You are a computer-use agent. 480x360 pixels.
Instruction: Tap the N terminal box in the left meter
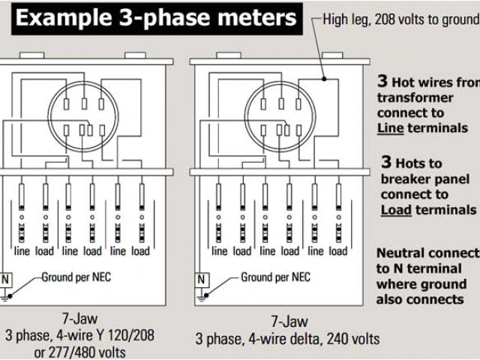tap(7, 279)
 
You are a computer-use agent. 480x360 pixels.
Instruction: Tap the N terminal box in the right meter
tap(201, 279)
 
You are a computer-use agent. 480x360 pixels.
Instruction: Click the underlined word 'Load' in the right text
tap(396, 210)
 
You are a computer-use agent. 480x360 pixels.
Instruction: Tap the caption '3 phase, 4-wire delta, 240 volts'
tap(288, 337)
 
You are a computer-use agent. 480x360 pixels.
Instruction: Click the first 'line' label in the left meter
tap(22, 251)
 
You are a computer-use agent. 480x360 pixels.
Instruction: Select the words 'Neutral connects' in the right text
tap(427, 253)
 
